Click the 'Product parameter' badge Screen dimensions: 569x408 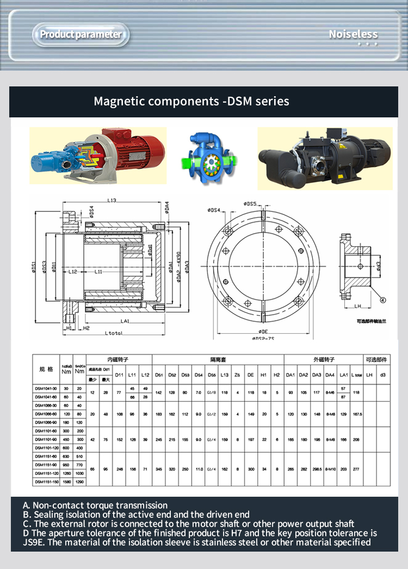point(81,35)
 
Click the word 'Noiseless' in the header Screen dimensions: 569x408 point(353,35)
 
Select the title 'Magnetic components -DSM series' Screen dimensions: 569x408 point(191,101)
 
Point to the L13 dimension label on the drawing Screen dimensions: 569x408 point(112,201)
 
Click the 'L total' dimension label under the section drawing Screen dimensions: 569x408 point(113,333)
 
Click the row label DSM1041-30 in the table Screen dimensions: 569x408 point(46,389)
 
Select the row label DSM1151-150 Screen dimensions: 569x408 point(46,482)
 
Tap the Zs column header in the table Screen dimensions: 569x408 point(237,375)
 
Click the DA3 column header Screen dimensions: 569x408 point(317,375)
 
